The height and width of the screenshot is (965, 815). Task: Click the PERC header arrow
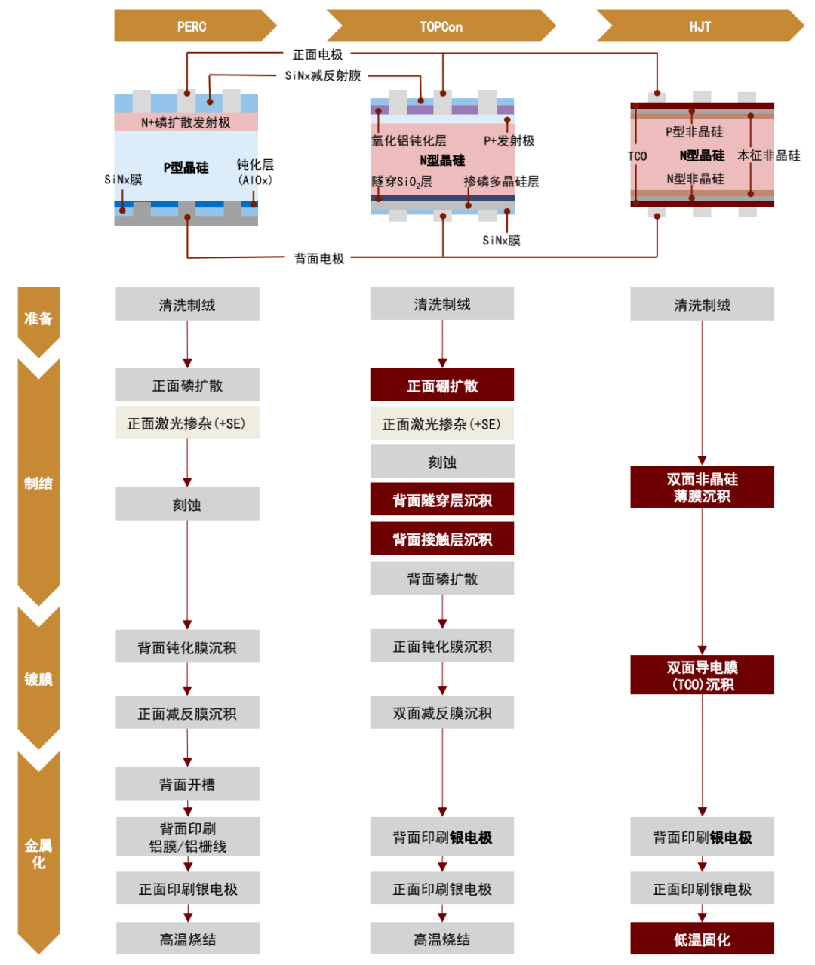click(x=192, y=26)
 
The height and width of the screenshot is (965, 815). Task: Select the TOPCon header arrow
click(x=441, y=26)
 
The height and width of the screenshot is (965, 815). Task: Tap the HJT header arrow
click(x=700, y=26)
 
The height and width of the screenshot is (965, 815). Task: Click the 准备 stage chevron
click(x=38, y=318)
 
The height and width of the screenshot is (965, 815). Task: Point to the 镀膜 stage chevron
click(x=38, y=679)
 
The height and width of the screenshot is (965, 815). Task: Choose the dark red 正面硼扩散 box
click(x=442, y=386)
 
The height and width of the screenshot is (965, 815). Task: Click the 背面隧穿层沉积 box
click(x=442, y=500)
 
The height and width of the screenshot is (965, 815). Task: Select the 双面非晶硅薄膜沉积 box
click(x=702, y=487)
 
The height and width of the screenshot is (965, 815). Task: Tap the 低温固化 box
click(x=702, y=939)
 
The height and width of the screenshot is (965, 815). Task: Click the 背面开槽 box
click(x=187, y=785)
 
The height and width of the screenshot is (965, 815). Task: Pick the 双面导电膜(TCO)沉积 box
click(x=702, y=675)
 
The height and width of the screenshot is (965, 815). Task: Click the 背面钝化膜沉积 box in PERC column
click(x=187, y=647)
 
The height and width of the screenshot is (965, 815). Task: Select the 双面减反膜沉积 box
click(x=442, y=713)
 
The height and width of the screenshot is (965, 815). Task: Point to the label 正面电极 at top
click(x=318, y=54)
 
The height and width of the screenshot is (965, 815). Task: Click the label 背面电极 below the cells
click(x=319, y=258)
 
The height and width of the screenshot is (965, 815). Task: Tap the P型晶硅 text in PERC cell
click(x=186, y=167)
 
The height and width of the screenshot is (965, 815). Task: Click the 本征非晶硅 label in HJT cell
click(x=769, y=155)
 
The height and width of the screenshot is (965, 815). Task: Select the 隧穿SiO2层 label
click(x=402, y=182)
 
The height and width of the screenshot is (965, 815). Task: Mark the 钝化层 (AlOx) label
click(x=255, y=172)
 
